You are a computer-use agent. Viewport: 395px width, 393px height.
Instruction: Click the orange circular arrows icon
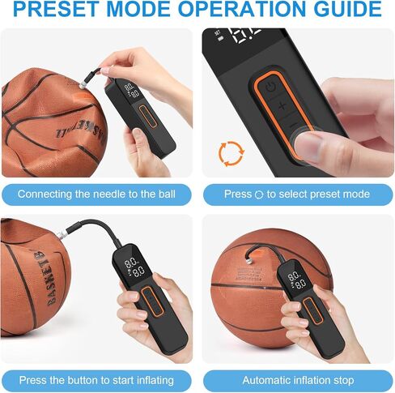click(x=231, y=152)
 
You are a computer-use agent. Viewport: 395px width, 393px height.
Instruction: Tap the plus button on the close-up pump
click(x=281, y=106)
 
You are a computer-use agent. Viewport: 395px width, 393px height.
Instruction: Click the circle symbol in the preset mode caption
click(x=259, y=194)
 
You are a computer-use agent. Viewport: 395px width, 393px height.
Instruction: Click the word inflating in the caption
click(x=157, y=380)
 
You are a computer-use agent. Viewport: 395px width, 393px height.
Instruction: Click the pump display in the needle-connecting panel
click(x=128, y=90)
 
